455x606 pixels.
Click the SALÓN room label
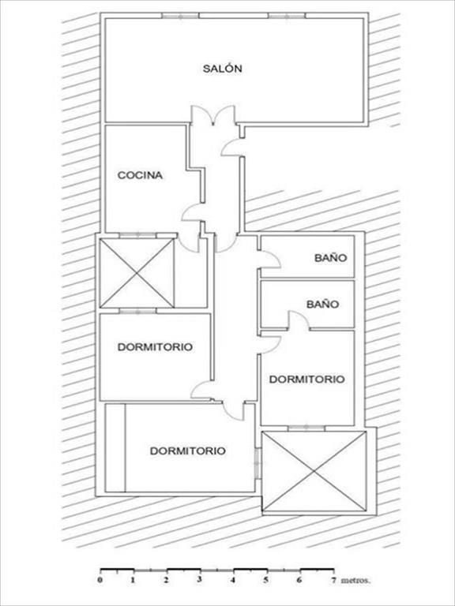(223, 69)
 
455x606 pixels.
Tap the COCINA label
(140, 175)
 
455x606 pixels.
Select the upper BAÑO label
(331, 257)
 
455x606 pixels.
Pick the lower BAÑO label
(322, 304)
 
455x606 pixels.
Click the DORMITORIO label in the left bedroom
(155, 346)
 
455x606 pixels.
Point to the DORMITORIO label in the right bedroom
(306, 379)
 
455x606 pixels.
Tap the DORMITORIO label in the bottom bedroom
(188, 451)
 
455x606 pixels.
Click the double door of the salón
(213, 115)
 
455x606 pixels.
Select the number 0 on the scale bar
(100, 580)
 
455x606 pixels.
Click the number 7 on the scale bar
(333, 580)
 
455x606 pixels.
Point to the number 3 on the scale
(199, 579)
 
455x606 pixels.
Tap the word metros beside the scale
(355, 580)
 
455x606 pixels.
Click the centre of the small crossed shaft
(137, 273)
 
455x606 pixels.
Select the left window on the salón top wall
(180, 16)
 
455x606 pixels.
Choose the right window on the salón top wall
(287, 16)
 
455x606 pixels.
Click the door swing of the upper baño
(269, 259)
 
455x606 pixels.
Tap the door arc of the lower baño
(299, 320)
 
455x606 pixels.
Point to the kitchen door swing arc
(191, 211)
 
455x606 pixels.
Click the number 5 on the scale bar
(265, 580)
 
